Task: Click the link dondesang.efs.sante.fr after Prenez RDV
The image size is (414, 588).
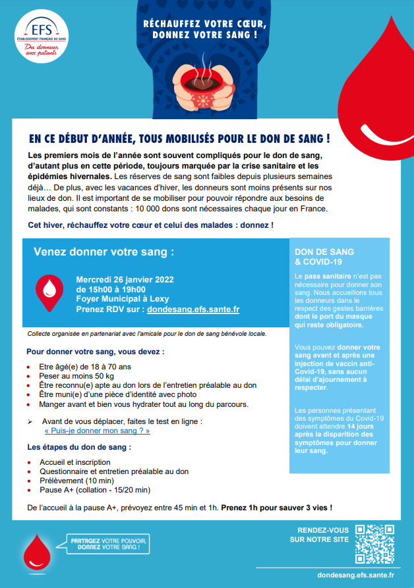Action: click(192, 309)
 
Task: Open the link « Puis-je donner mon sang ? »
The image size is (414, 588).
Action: click(97, 431)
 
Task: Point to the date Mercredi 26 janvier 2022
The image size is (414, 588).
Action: click(125, 279)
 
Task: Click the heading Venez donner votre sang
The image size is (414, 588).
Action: click(104, 252)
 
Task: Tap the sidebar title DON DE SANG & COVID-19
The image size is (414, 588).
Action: click(324, 257)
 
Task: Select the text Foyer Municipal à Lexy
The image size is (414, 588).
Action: click(122, 299)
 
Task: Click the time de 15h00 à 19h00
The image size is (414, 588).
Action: click(111, 289)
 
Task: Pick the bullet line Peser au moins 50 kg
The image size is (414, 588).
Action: click(76, 375)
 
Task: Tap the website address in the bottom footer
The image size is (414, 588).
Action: click(356, 575)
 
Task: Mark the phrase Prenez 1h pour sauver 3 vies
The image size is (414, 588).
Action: click(276, 508)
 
